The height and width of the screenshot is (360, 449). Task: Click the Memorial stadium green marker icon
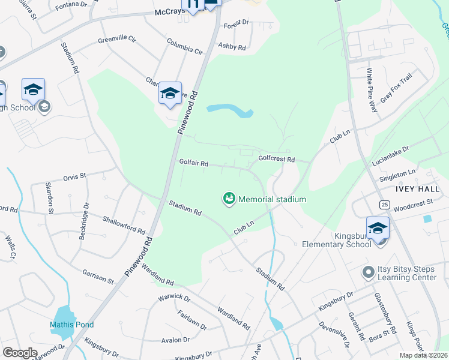229,199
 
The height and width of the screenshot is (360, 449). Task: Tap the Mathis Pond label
71,325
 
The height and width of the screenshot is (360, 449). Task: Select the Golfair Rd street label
193,163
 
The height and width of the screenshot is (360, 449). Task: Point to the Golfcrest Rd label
276,159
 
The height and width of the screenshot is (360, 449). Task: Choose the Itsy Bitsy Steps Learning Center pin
368,272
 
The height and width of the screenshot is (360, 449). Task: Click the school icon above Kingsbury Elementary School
378,229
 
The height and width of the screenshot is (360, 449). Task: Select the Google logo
20,352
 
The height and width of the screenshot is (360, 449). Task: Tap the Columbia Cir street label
185,46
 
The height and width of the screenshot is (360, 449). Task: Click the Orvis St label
75,176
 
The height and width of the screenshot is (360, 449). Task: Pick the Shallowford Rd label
124,225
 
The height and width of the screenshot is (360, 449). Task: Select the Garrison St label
98,276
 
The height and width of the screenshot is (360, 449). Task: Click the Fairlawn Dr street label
192,320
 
